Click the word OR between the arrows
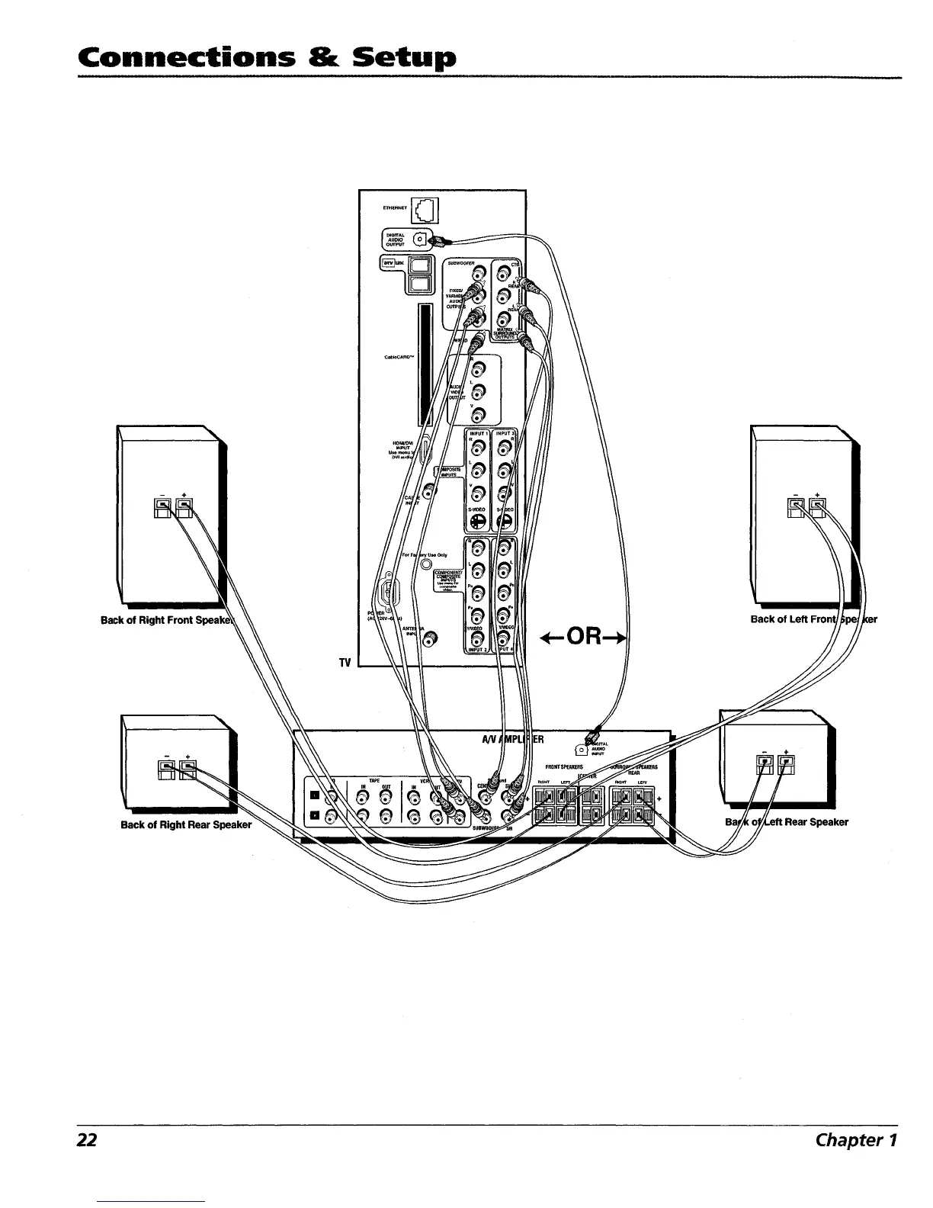click(x=585, y=636)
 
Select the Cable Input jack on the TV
click(x=430, y=493)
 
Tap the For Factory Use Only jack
click(x=426, y=565)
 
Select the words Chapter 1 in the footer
click(x=856, y=1139)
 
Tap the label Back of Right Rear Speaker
click(x=186, y=824)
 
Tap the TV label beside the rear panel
click(x=345, y=663)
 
